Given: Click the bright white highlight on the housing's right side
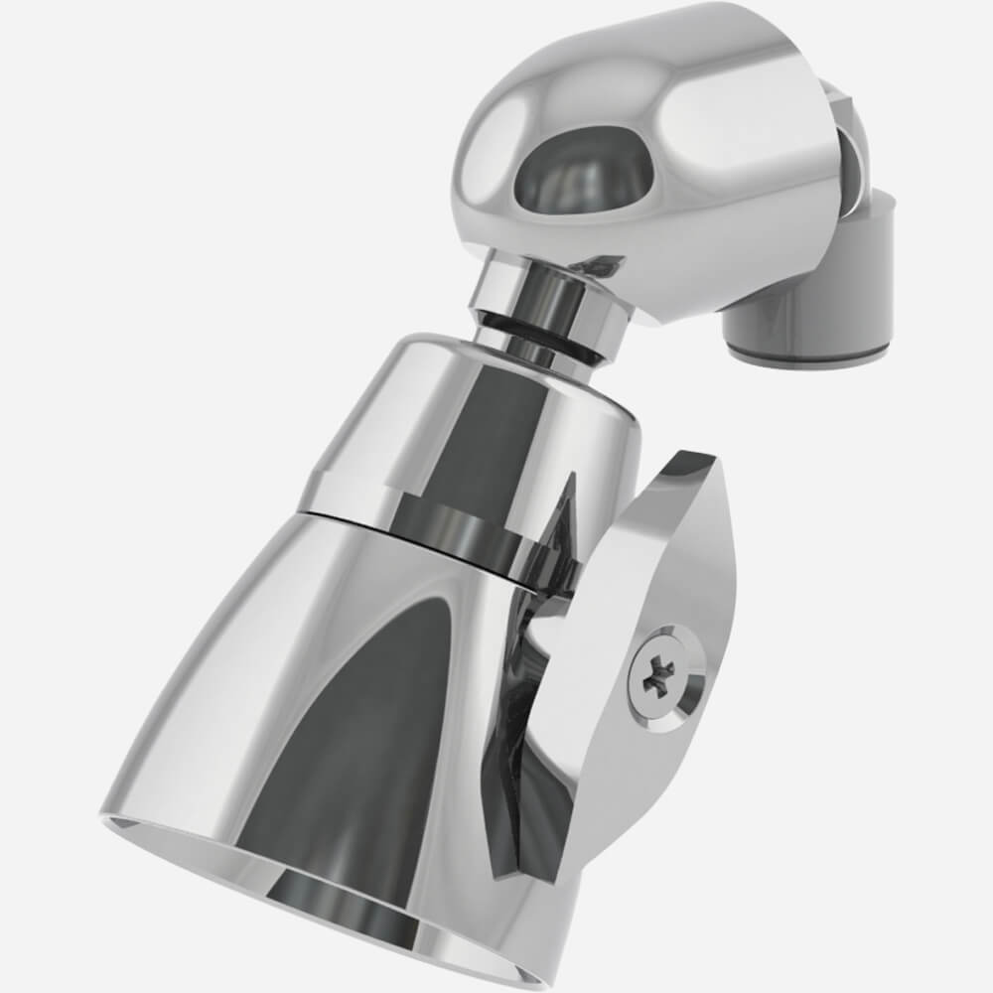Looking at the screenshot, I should point(755,139).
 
